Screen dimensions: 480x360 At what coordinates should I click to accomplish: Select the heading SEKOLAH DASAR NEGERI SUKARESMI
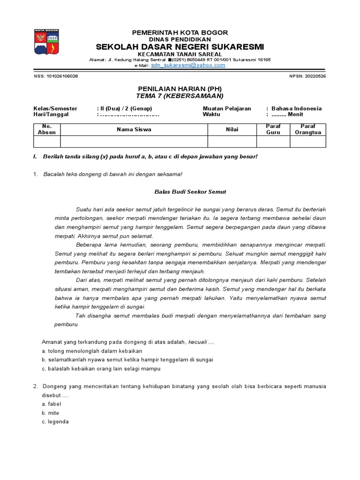pos(180,47)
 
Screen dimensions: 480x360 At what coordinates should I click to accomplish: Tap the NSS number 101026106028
pos(56,76)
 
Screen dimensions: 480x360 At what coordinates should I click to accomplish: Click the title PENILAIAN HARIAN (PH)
pos(180,89)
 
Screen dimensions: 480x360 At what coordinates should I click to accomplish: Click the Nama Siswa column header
pos(134,129)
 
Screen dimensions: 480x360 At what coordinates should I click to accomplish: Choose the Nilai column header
pos(232,129)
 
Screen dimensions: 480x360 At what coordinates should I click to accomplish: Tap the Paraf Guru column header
pos(273,129)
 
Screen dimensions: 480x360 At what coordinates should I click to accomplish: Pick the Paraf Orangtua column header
pos(308,129)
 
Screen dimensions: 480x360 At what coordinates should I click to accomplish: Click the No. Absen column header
pos(47,129)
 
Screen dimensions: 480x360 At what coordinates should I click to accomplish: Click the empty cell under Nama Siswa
pos(134,142)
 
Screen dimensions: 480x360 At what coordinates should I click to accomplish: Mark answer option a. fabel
pos(52,404)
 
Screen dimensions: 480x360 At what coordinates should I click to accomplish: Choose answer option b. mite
pos(51,413)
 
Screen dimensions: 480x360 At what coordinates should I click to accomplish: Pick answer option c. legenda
pos(55,422)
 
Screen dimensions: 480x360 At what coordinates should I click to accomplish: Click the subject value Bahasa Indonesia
pos(296,108)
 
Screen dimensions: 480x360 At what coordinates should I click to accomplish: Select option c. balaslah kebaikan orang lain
pos(101,369)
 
